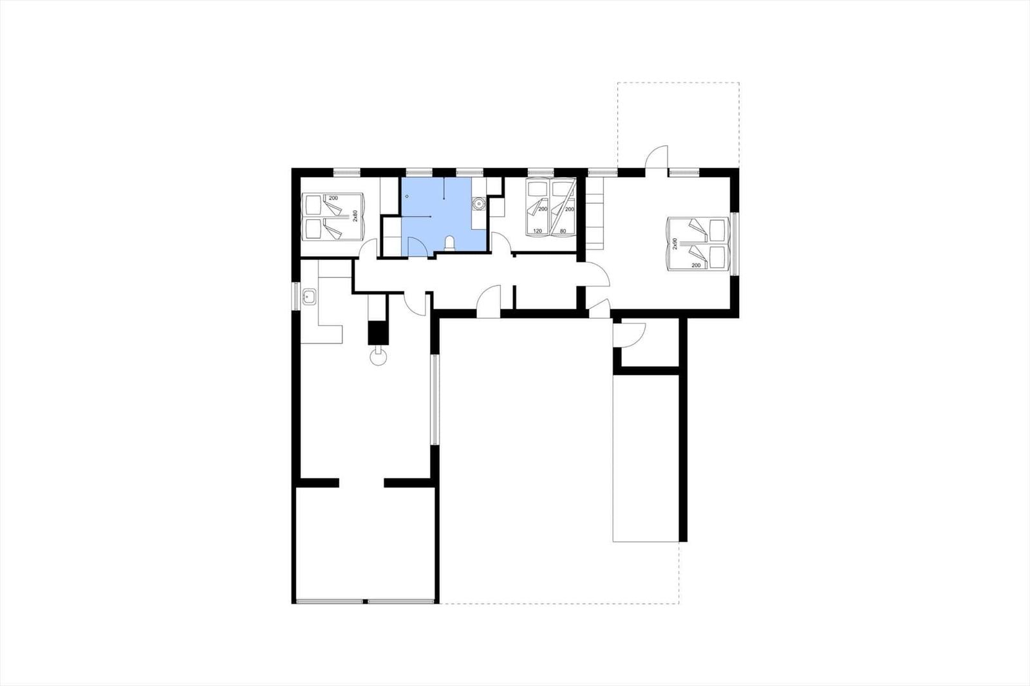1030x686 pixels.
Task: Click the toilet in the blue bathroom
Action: pyautogui.click(x=450, y=243)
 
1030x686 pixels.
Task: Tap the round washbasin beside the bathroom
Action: pyautogui.click(x=479, y=203)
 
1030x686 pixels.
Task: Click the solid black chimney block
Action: pyautogui.click(x=379, y=333)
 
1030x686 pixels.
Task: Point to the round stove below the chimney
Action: pyautogui.click(x=379, y=357)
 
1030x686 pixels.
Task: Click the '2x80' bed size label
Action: pyautogui.click(x=355, y=217)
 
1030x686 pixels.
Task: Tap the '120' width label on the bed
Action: pyautogui.click(x=537, y=231)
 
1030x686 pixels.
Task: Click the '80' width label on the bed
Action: pyautogui.click(x=563, y=231)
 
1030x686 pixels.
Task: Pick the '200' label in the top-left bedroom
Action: pyautogui.click(x=333, y=198)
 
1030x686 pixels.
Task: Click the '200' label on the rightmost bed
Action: pyautogui.click(x=696, y=265)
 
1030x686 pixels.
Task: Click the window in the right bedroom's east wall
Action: pyautogui.click(x=735, y=244)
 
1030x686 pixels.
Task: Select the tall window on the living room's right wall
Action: pyautogui.click(x=435, y=399)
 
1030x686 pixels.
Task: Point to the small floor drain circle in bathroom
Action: pyautogui.click(x=406, y=196)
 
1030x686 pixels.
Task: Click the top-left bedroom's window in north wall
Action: pyautogui.click(x=347, y=172)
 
